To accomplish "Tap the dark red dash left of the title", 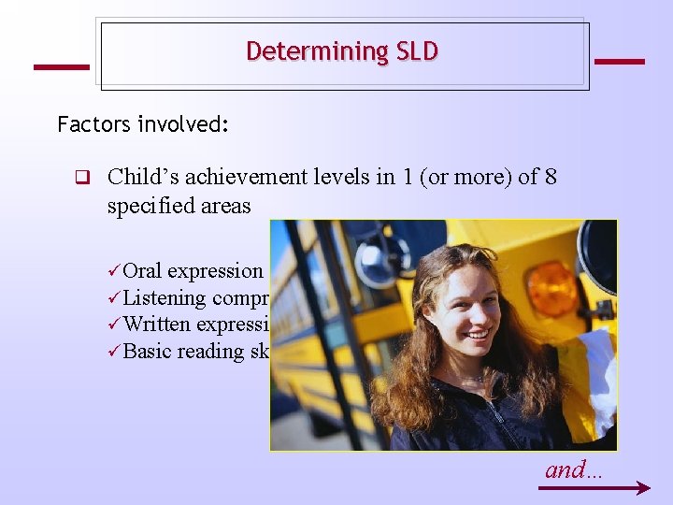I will click(x=61, y=67).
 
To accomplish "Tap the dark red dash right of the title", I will click(x=619, y=62).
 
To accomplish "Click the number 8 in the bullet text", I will click(x=549, y=177).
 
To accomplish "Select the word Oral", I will click(x=143, y=271).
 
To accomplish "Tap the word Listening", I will click(x=165, y=298).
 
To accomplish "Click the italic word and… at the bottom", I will click(x=574, y=469).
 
